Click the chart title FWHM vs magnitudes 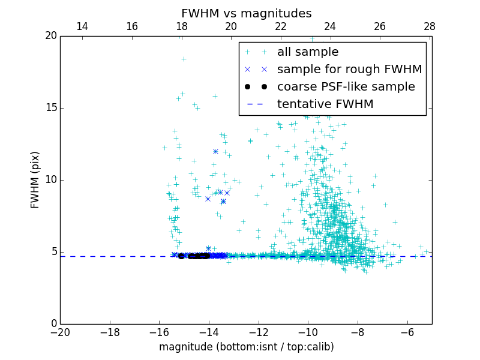[246, 13]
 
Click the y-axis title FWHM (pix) [35, 179]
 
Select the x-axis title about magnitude [246, 347]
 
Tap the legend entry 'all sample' [308, 52]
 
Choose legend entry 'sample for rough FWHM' [349, 70]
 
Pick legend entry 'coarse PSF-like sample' [346, 87]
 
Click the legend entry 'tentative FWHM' [325, 104]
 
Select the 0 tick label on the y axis [53, 324]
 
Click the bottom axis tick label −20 [60, 332]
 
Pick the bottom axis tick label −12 [258, 332]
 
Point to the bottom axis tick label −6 [407, 332]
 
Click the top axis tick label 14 [82, 26]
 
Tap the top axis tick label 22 [281, 26]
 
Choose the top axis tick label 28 [430, 26]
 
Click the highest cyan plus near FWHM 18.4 [184, 59]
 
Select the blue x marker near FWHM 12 [215, 151]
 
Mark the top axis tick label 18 [182, 26]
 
